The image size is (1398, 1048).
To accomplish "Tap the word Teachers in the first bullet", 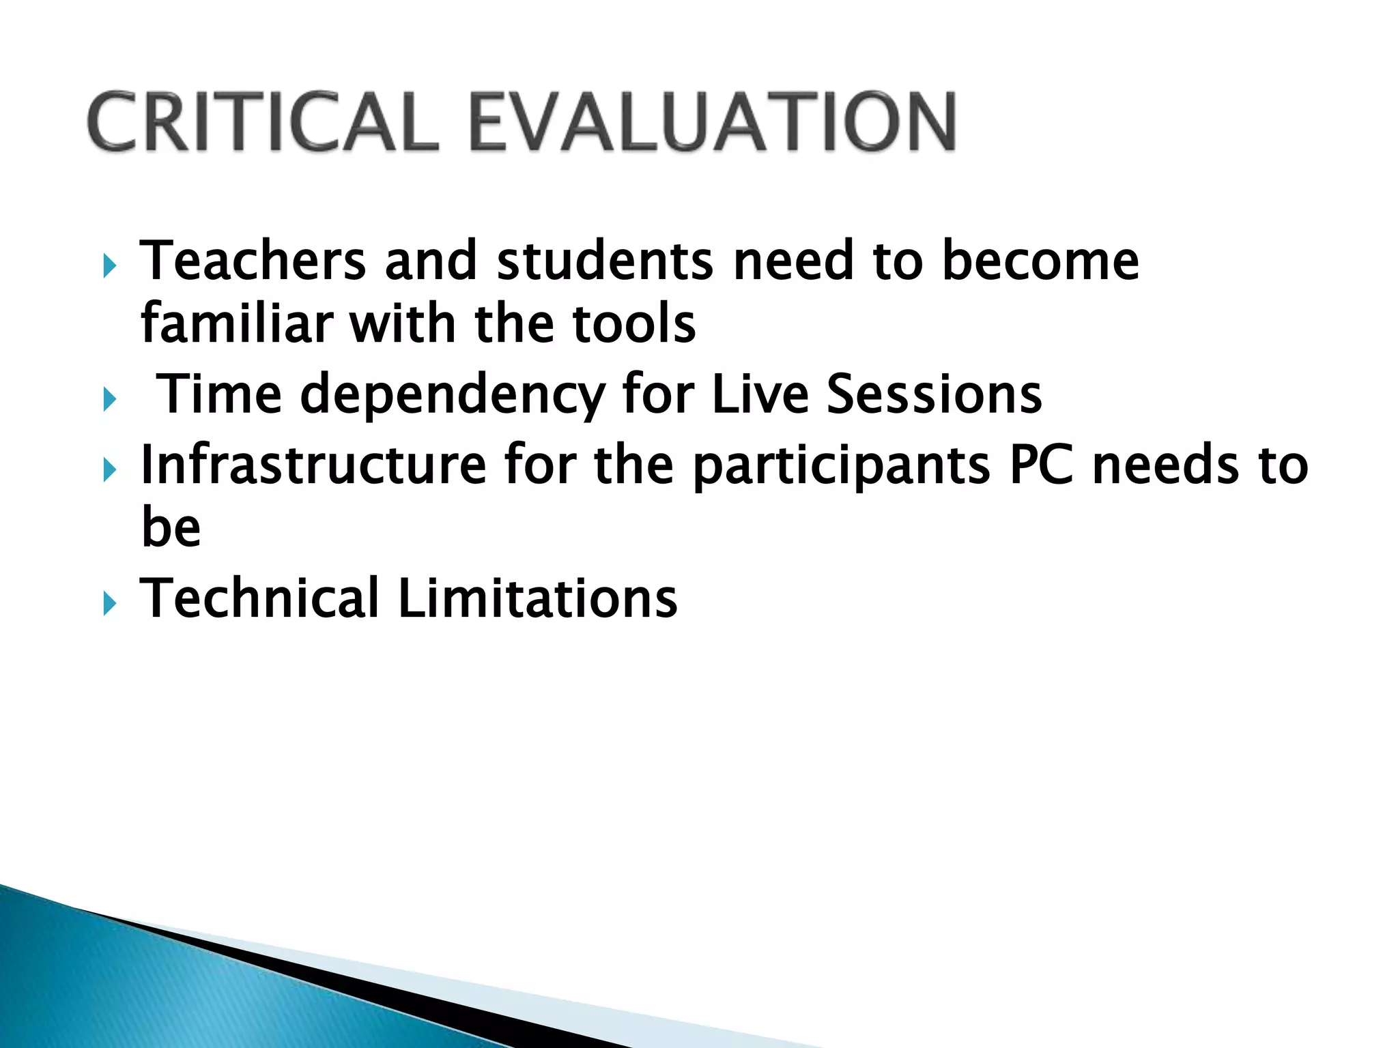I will pyautogui.click(x=253, y=261).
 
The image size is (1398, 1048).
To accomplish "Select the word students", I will pyautogui.click(x=604, y=261).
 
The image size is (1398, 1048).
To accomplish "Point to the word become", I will pyautogui.click(x=1040, y=261).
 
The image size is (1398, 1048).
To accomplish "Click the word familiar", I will pyautogui.click(x=236, y=323).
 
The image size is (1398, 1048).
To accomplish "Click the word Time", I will pyautogui.click(x=219, y=394).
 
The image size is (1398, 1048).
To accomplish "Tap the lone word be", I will pyautogui.click(x=171, y=527).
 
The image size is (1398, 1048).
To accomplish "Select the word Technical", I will pyautogui.click(x=259, y=598).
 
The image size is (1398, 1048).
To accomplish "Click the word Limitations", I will pyautogui.click(x=537, y=598).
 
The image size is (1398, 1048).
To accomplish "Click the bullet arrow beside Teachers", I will pyautogui.click(x=110, y=266).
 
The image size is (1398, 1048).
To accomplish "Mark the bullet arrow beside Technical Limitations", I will pyautogui.click(x=110, y=604).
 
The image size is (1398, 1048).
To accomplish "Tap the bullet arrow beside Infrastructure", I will pyautogui.click(x=110, y=470).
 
